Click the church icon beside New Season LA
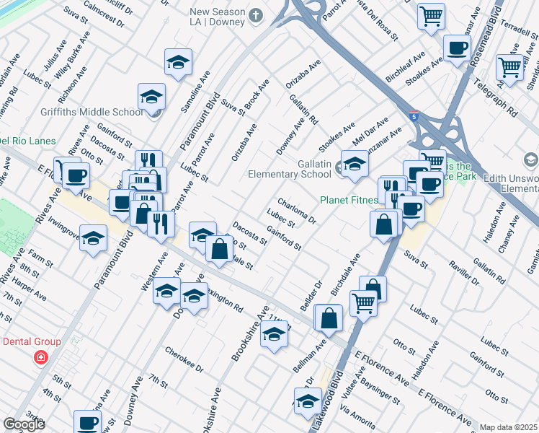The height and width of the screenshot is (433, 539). (255, 14)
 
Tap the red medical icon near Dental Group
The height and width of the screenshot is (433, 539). (41, 357)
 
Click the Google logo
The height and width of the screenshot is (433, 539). (24, 424)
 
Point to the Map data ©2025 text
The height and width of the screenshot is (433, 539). (508, 427)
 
